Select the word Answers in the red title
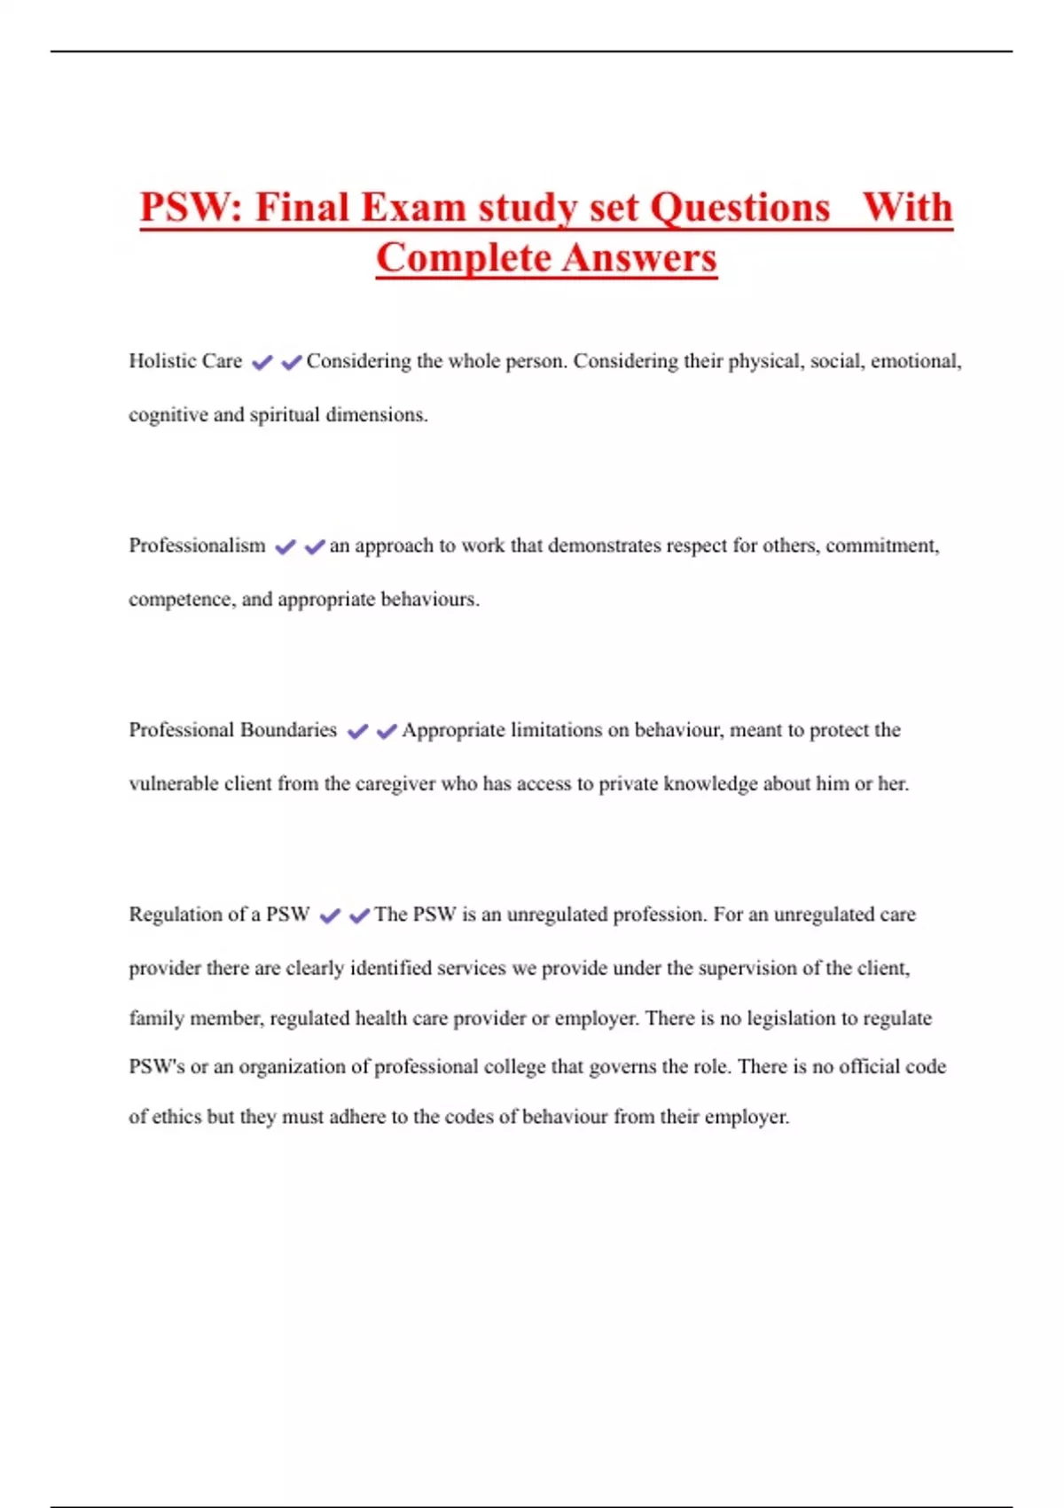coord(638,259)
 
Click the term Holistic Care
coord(185,361)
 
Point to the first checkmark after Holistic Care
coord(262,362)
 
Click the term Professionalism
coord(197,546)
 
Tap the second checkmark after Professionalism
coord(314,546)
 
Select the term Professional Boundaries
coord(232,730)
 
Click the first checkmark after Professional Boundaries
coord(357,731)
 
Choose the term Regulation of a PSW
coord(219,915)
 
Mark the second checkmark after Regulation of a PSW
coord(359,915)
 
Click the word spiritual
coord(284,415)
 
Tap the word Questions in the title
coord(739,208)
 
